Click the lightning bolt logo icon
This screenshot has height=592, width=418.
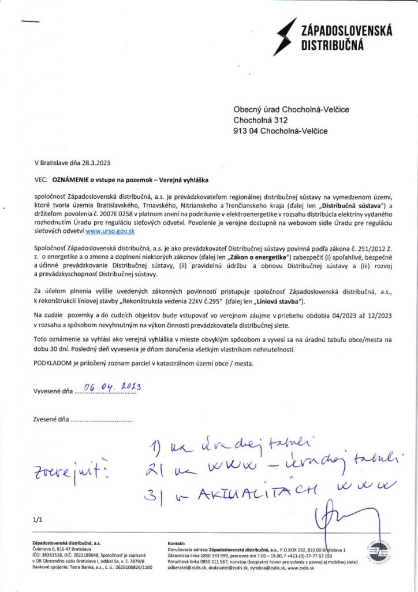[x=285, y=36]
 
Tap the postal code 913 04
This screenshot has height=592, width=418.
[x=247, y=131]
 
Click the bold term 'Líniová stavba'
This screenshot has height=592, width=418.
[x=282, y=302]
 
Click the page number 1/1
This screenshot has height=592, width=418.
[x=39, y=520]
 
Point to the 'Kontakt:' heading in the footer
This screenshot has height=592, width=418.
[x=176, y=544]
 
